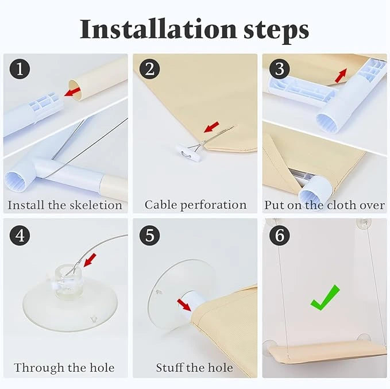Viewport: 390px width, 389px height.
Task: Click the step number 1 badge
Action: [x=20, y=69]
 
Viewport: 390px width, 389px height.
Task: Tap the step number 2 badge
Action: [x=149, y=69]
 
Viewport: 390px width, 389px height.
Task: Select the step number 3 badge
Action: [x=280, y=69]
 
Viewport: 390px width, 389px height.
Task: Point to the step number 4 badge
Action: [x=20, y=235]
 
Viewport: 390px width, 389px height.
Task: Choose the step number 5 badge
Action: [x=149, y=235]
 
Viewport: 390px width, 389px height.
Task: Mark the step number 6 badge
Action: [x=280, y=235]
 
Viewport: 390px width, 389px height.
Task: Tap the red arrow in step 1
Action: [x=72, y=91]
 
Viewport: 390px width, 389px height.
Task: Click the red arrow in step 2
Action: [x=211, y=127]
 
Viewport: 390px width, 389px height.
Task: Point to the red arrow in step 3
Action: [x=341, y=75]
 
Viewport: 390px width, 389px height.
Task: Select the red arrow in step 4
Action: [x=90, y=260]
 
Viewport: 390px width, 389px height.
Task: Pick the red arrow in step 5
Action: [x=184, y=305]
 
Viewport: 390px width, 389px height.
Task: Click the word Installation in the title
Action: [x=158, y=29]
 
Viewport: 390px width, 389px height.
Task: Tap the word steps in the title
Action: [x=276, y=31]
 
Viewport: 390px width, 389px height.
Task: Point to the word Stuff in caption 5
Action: [x=170, y=368]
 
